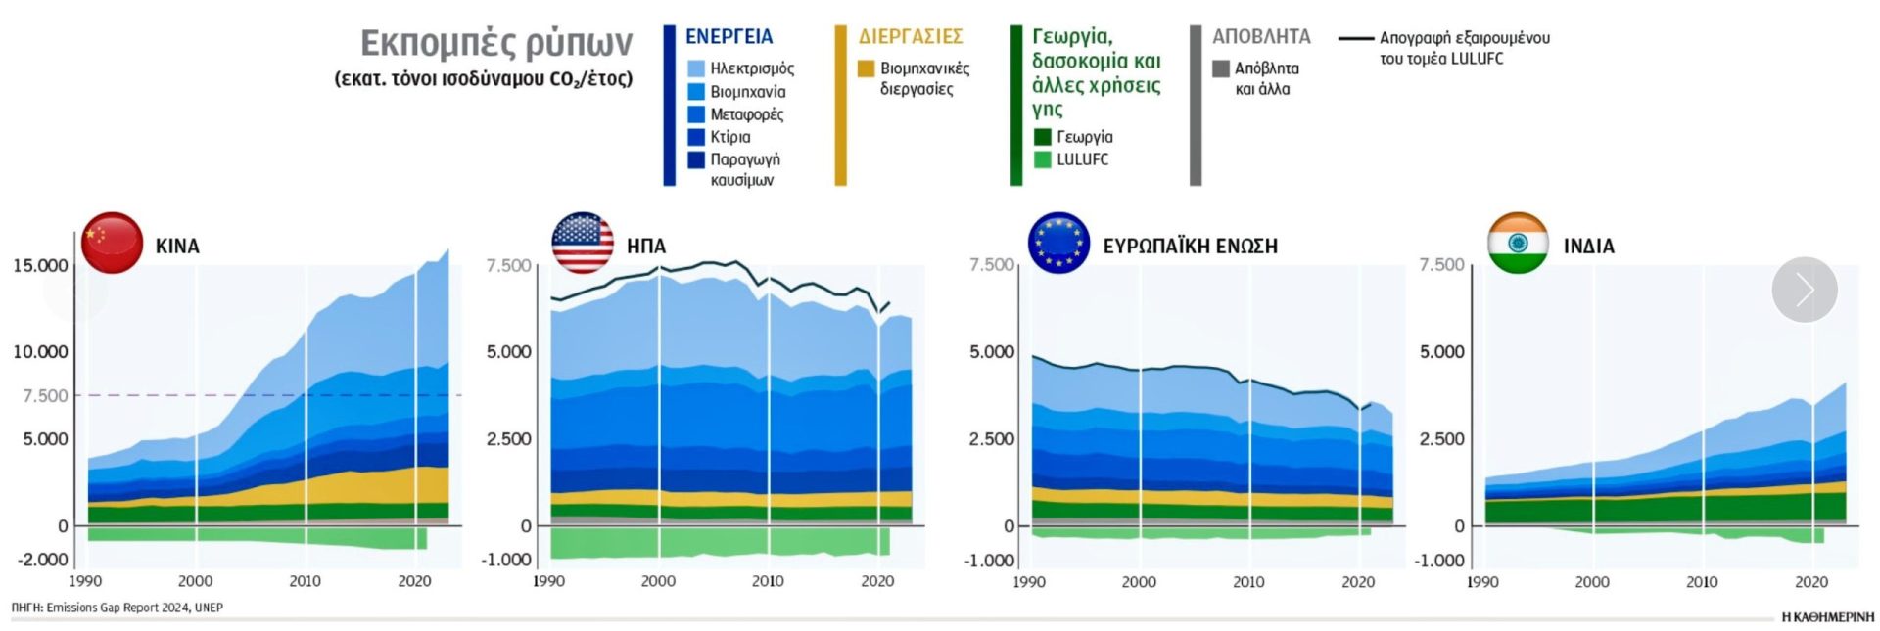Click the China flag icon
112,243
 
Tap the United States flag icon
583,243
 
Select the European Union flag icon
1058,243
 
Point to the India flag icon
1518,243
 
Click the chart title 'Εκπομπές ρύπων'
496,44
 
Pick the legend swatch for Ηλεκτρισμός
696,68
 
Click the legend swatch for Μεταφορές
696,114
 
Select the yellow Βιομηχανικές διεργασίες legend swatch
866,68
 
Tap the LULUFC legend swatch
1043,159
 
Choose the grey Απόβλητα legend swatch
1221,68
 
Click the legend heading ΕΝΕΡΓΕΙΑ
728,37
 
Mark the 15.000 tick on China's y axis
40,266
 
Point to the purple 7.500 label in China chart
45,396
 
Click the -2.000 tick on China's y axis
42,560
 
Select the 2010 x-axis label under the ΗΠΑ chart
768,581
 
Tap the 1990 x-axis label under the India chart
1482,582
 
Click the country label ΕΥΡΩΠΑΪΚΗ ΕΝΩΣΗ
1190,247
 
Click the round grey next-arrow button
1805,290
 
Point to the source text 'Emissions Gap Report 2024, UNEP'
134,608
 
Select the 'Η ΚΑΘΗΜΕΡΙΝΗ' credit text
1827,617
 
